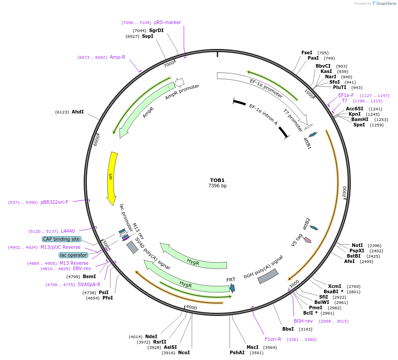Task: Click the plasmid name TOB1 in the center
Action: (217, 180)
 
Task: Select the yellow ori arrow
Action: (113, 178)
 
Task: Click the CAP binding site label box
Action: (62, 239)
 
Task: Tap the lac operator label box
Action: (73, 255)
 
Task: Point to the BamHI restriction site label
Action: (360, 119)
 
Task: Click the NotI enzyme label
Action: (357, 245)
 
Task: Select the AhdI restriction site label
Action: (77, 112)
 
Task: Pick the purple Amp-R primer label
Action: (118, 57)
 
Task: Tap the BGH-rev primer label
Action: (303, 321)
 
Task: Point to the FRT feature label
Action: (231, 279)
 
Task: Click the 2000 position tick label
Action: (344, 192)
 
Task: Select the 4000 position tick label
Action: (191, 307)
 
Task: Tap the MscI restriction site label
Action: (252, 347)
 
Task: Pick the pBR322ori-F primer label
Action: (54, 202)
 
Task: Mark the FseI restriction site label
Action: (307, 53)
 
